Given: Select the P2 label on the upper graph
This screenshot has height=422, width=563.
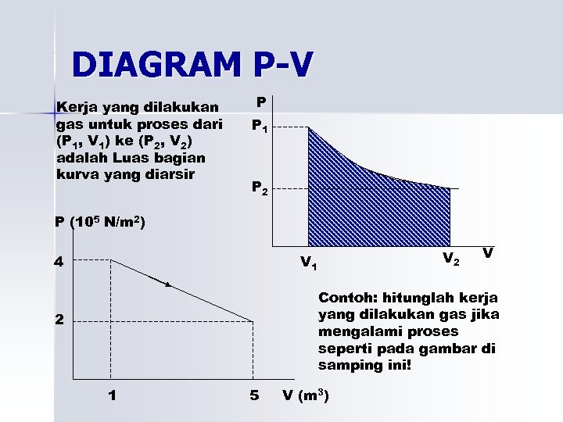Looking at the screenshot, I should click(x=260, y=188).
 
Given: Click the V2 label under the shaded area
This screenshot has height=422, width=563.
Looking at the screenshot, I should click(x=450, y=258).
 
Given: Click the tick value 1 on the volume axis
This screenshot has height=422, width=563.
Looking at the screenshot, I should click(x=113, y=395).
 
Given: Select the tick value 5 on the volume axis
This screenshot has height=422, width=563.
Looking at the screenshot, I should click(x=254, y=395).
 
